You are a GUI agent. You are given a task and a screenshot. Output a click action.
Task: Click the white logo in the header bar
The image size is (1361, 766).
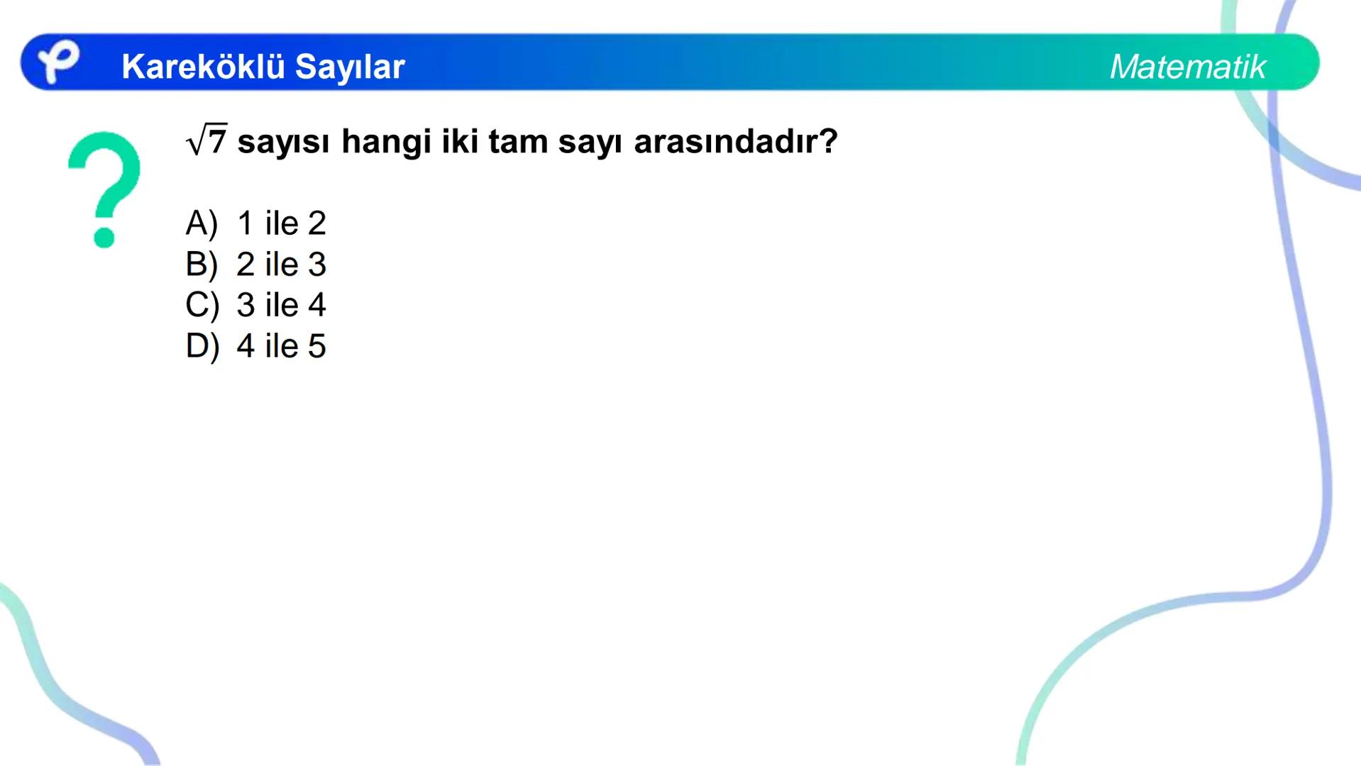coord(57,61)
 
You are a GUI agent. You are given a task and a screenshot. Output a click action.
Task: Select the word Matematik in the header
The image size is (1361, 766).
coord(1187,67)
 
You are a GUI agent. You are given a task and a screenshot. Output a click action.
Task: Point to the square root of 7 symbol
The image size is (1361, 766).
coord(206,140)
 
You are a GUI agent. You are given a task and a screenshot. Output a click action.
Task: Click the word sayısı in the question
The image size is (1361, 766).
coord(283,142)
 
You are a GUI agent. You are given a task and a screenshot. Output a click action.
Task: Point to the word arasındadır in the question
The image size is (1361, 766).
coord(735,141)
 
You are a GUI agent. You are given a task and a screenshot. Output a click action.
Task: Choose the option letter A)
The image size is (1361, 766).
coord(202,223)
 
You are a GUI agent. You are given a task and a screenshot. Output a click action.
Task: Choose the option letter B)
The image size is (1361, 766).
coord(202,265)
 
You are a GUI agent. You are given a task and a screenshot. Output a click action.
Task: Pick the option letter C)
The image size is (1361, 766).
coord(202,305)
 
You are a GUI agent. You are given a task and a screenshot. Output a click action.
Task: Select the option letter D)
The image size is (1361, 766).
coord(202,346)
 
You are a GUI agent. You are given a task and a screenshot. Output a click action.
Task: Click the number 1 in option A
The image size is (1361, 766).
coord(246,223)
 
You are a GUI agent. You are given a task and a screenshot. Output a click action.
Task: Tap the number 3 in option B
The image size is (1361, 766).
coord(316,265)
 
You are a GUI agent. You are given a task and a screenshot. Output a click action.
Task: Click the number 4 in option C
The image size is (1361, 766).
coord(316,305)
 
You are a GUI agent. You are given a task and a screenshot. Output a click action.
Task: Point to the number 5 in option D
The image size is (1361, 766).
coord(316,346)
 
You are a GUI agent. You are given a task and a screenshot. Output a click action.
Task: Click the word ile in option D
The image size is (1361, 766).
coord(281,346)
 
